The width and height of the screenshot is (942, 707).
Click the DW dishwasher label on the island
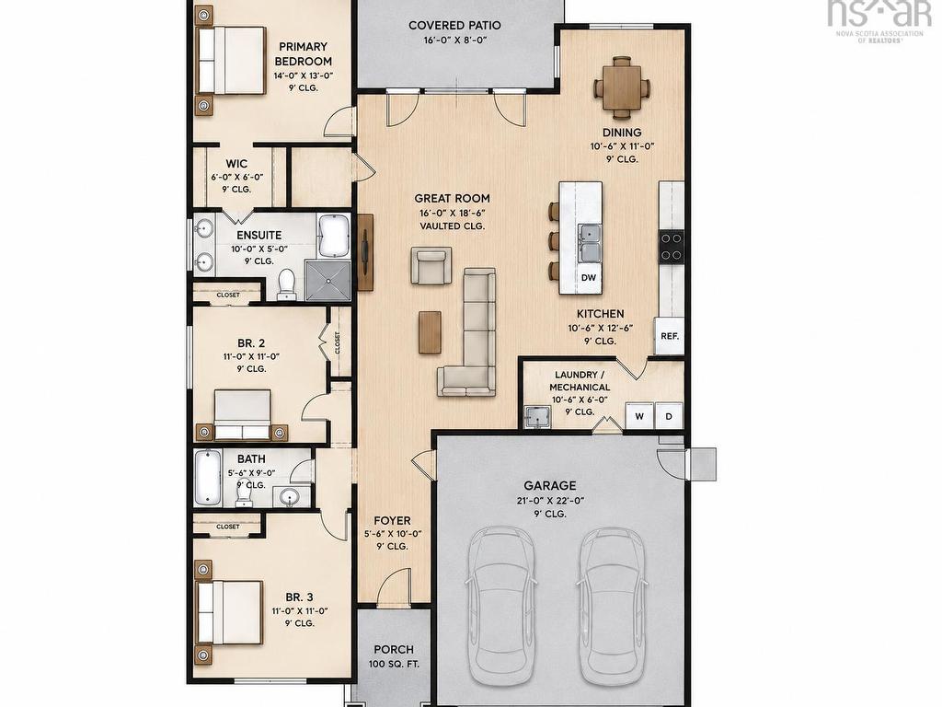coord(589,278)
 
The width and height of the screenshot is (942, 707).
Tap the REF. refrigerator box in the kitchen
coord(670,336)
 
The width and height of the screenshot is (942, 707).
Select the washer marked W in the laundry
coord(640,416)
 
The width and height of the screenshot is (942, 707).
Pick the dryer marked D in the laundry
coord(669,416)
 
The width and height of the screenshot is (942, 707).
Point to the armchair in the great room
coord(431,264)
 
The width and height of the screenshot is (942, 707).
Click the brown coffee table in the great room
coord(431,331)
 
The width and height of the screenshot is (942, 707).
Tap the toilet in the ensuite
coord(287,285)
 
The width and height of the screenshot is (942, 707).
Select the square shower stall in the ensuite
coord(327,280)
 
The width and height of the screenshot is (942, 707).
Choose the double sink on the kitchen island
coord(590,243)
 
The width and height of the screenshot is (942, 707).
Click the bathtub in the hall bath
coord(208,476)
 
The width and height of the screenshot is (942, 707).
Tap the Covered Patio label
coord(454,25)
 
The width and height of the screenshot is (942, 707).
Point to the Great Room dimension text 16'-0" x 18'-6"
coord(453,213)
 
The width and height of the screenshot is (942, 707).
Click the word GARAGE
coord(550,485)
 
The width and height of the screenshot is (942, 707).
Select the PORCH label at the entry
coord(394,650)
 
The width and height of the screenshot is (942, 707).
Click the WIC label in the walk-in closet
coord(236,164)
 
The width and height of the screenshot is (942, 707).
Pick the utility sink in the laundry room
coord(537,417)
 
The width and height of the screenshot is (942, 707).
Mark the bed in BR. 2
coord(243,415)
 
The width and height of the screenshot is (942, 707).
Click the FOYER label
coord(392,521)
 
